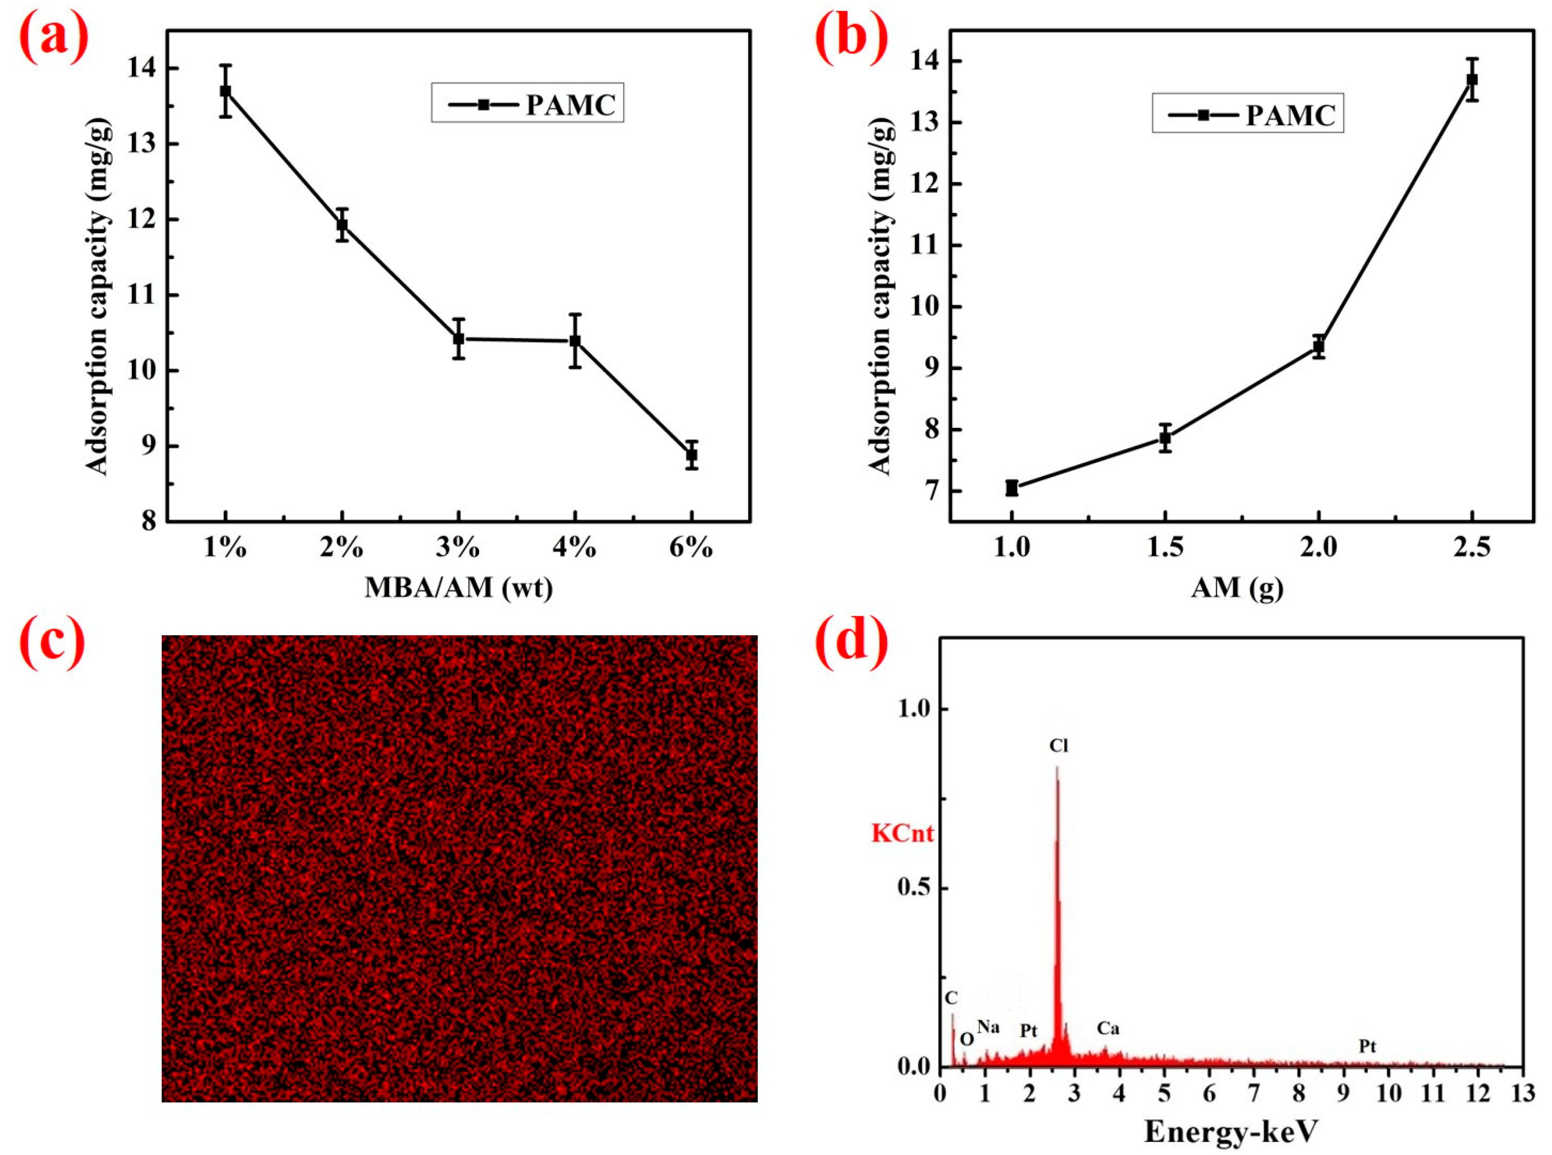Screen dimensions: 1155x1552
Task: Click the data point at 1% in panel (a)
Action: tap(225, 91)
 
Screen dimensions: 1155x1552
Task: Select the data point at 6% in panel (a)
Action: tap(692, 454)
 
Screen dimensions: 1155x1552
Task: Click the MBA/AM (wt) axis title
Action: tap(459, 587)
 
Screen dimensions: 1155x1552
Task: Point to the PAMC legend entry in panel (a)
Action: tap(528, 104)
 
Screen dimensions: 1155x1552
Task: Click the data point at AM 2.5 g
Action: tap(1472, 80)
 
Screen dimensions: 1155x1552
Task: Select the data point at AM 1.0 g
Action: tap(1012, 488)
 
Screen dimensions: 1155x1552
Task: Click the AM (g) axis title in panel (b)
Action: tap(1237, 587)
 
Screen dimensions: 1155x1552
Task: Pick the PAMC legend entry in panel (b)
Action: tap(1248, 115)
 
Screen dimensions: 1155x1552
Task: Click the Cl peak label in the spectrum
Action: tap(1059, 746)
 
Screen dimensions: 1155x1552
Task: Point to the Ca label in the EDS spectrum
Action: tap(1108, 1028)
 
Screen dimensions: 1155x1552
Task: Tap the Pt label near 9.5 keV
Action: tap(1367, 1046)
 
